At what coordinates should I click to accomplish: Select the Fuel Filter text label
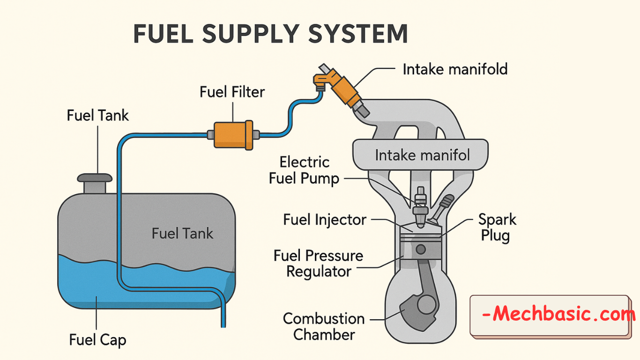pos(232,91)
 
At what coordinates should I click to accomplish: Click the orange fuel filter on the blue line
pos(233,134)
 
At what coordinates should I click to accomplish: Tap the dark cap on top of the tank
pos(95,178)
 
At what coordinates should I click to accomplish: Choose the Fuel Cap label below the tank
pos(97,339)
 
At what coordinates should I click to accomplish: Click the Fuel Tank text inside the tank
pos(182,233)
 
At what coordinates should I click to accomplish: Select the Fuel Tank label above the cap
pos(97,115)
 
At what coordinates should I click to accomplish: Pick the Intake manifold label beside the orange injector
pos(455,69)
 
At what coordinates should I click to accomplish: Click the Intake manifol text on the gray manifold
pos(422,155)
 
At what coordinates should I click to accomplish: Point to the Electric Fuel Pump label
pos(304,171)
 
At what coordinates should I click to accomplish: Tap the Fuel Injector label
pos(325,219)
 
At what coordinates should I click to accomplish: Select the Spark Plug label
pos(497,227)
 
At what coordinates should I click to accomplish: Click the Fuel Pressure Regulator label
pos(319,263)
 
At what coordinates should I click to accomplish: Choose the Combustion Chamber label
pos(324,327)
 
